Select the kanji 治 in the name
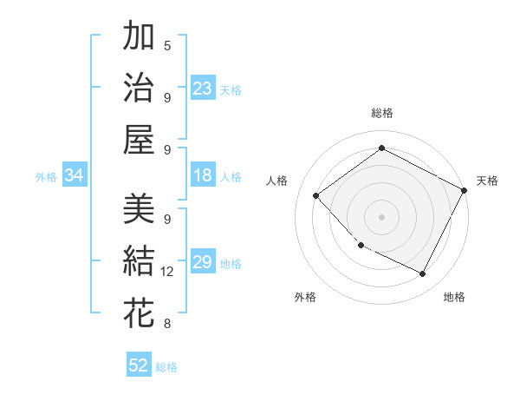click(139, 88)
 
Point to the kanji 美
click(139, 209)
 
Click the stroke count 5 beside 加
click(167, 45)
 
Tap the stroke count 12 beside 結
click(167, 272)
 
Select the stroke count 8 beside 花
click(167, 324)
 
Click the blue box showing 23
click(203, 88)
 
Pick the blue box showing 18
click(203, 175)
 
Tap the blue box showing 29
click(203, 262)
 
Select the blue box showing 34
click(75, 175)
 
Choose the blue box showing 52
click(139, 365)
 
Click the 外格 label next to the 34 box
click(46, 177)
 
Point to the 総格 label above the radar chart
click(381, 113)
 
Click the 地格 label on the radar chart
click(454, 297)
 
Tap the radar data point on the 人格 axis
click(316, 195)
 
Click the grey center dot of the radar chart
click(381, 216)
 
